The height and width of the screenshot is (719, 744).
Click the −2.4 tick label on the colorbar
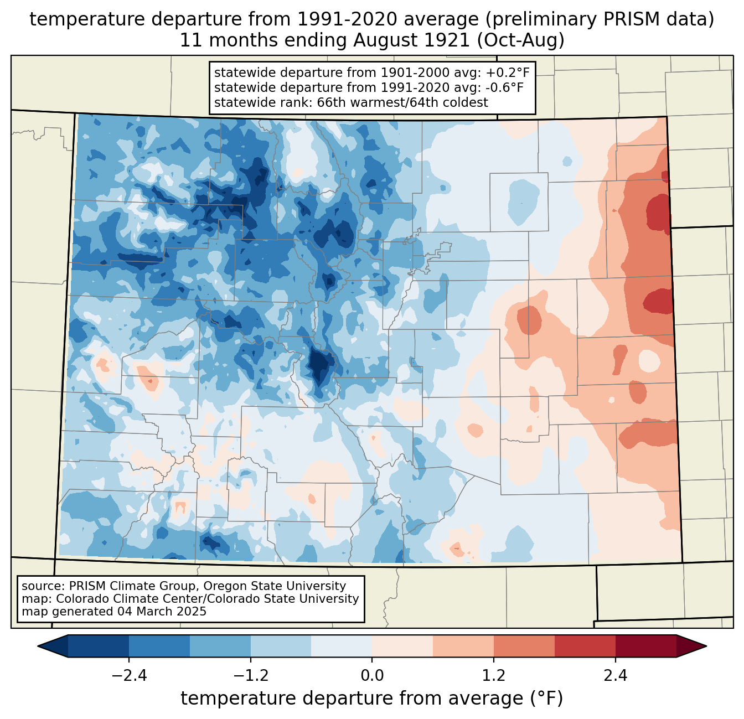129,676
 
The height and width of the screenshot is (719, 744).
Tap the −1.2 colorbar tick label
250,676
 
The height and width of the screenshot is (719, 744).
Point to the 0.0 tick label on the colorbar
372,676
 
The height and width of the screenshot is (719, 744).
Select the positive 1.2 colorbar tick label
494,676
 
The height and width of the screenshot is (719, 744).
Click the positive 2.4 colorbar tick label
616,676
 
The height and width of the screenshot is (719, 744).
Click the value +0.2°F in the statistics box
508,73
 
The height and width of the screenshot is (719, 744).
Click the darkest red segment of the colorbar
645,646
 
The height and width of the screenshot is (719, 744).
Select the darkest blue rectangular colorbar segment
99,646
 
